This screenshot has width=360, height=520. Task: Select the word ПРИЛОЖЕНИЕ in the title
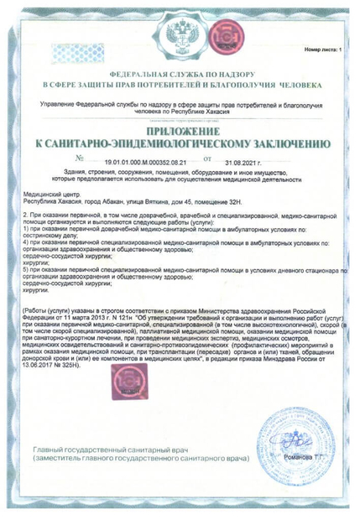(180, 132)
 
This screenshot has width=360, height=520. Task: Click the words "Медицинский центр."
(50, 194)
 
